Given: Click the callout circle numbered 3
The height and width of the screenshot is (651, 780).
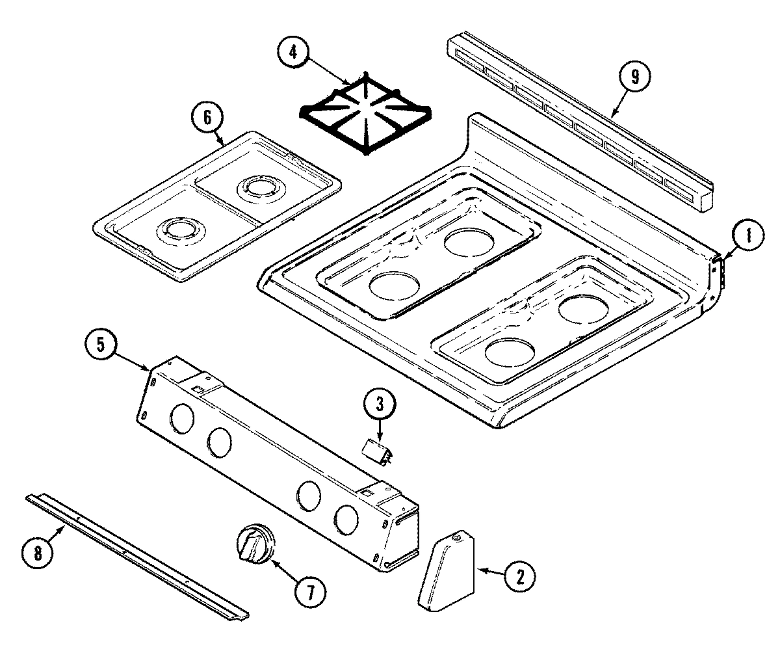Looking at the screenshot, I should pos(379,403).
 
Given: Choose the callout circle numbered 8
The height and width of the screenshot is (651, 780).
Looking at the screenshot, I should pos(37,553).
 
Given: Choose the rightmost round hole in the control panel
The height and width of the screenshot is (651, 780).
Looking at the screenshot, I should pos(346,518).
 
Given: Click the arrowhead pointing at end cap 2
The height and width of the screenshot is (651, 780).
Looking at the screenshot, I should pos(482,570).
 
